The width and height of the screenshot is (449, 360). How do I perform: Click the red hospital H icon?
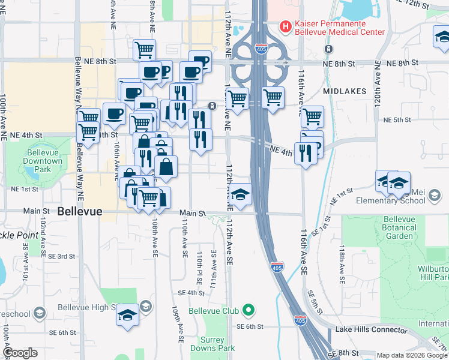pos(286,26)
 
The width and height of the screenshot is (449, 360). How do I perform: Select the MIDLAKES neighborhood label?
pos(343,91)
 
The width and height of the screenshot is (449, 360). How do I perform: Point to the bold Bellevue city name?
pos(80,211)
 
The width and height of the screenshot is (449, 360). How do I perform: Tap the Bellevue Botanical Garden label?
pos(400,227)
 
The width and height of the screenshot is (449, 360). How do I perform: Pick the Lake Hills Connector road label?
pos(372,329)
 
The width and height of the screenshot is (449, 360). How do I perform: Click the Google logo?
pos(20,353)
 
